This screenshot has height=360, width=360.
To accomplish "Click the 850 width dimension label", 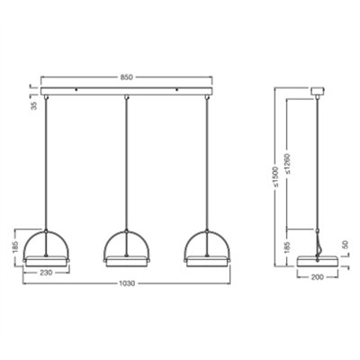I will [x=127, y=78].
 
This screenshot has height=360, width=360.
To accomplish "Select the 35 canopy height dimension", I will [x=33, y=106].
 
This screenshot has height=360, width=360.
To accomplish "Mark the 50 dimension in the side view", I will [x=346, y=245].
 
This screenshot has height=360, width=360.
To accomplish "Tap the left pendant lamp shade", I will [x=43, y=247].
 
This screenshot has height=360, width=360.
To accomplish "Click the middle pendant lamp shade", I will [x=126, y=247].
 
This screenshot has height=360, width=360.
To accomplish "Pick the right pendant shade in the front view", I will [x=209, y=247].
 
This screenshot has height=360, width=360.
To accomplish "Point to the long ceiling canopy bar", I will [x=127, y=91].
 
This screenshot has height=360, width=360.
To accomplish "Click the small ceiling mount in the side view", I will [x=317, y=90].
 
